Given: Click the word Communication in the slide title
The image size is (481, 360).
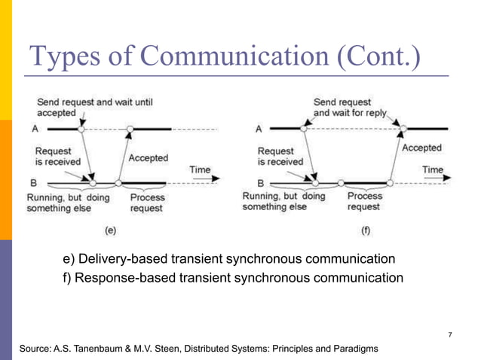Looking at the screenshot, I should pos(221,57).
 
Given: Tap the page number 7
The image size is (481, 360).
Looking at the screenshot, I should pos(449,334).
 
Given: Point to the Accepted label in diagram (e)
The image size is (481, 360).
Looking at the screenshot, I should pos(149,158).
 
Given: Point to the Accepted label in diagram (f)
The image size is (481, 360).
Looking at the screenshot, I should pos(421,148).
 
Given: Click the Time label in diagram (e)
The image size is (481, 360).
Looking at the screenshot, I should pos(200,169).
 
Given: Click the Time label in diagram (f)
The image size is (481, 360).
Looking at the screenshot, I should pos(433,169).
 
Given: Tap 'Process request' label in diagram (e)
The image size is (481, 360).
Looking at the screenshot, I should pos(146,203).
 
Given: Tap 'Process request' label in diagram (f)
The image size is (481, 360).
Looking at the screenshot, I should pos(365,201).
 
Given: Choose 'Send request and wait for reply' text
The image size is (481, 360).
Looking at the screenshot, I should pos(350,107).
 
